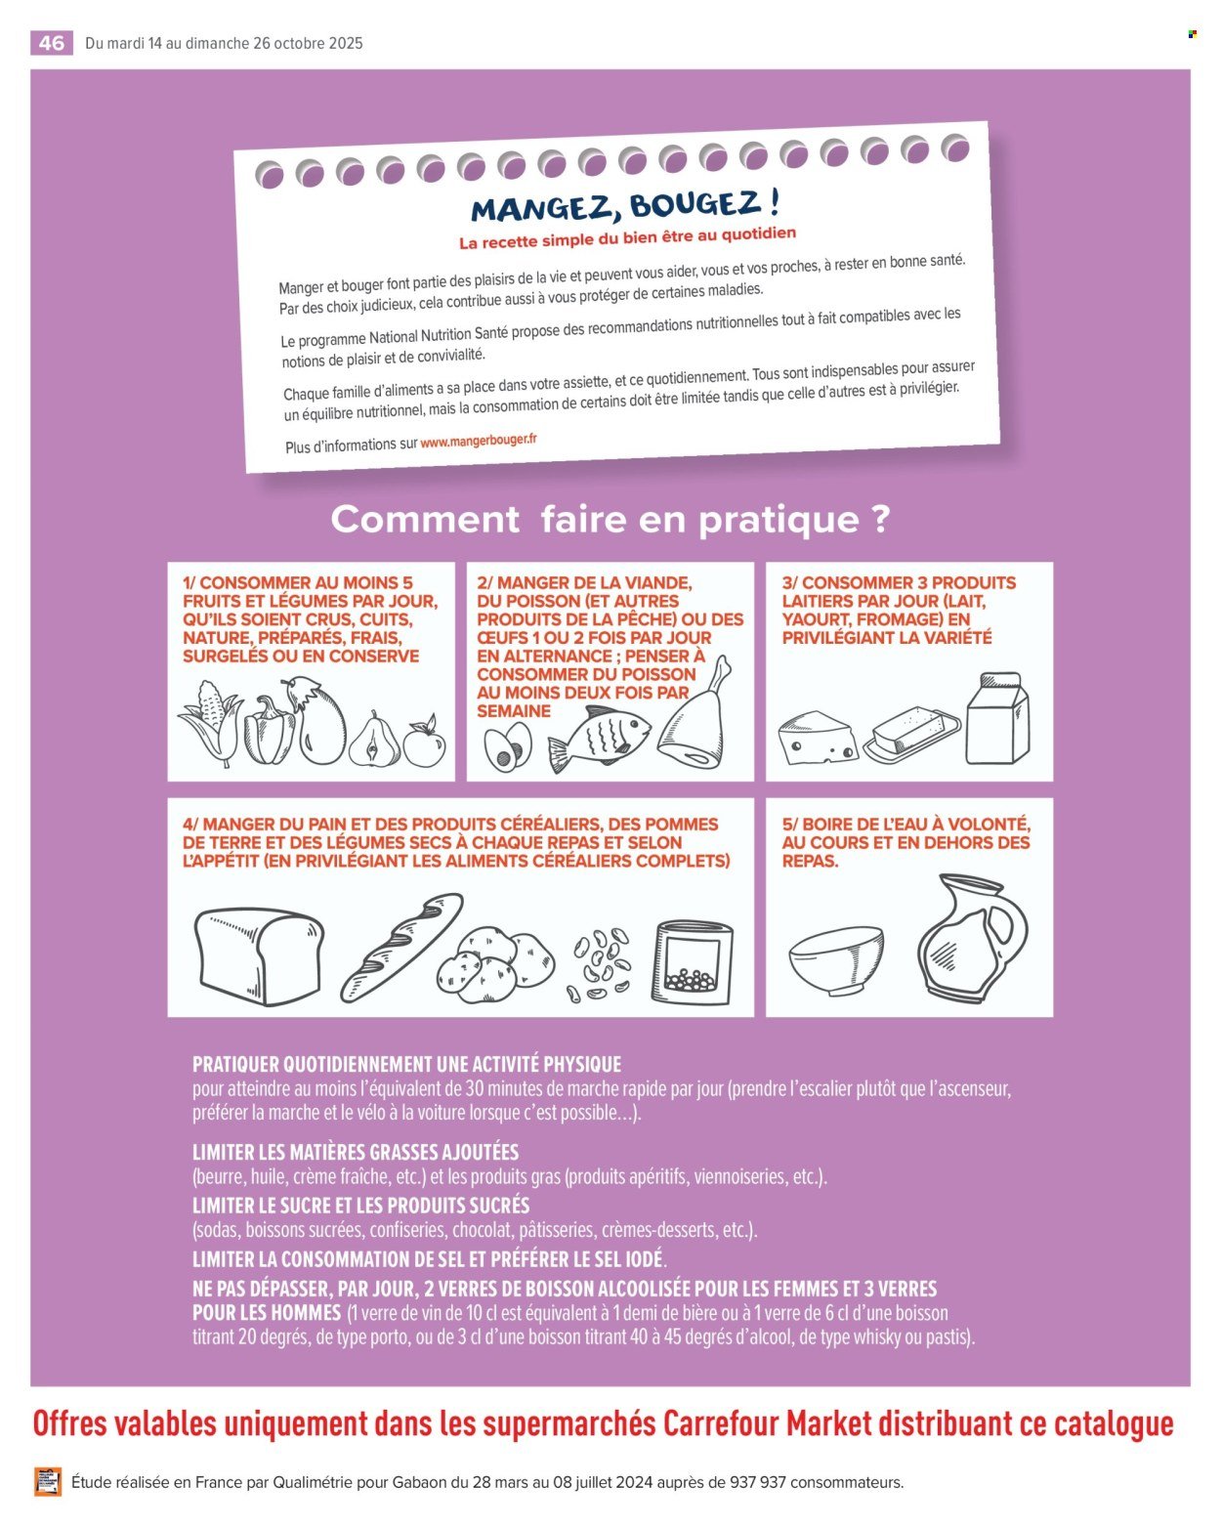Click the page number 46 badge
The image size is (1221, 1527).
click(52, 43)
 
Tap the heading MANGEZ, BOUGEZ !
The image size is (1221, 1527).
click(626, 206)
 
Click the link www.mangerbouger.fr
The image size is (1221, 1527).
click(479, 441)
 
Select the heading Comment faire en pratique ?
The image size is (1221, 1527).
click(610, 520)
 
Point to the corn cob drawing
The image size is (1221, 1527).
click(211, 722)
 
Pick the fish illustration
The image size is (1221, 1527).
click(600, 739)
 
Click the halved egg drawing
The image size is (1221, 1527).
click(508, 747)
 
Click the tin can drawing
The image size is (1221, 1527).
click(696, 962)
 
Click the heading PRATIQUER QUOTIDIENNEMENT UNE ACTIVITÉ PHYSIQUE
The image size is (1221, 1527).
click(406, 1064)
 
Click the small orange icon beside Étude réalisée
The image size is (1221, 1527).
click(48, 1482)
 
